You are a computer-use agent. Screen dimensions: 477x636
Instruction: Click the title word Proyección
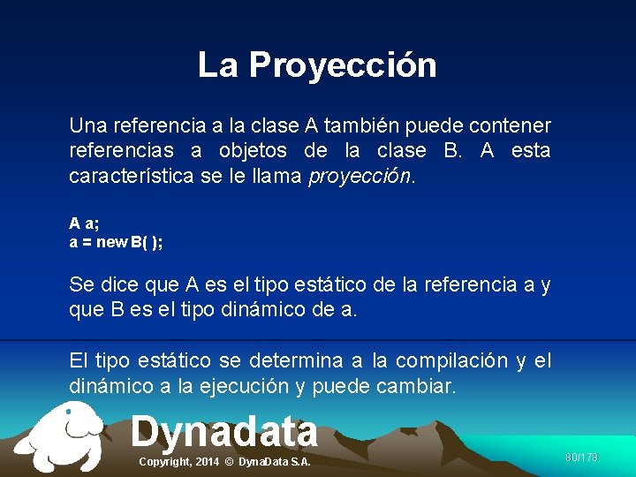click(343, 65)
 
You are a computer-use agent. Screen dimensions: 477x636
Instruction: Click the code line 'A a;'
click(84, 224)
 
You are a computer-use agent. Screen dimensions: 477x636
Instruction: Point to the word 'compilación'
click(451, 360)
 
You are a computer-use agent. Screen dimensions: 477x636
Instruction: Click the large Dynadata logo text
click(224, 432)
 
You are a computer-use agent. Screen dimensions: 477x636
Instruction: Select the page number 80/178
click(581, 458)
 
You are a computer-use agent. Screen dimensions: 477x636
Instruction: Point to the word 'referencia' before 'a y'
click(469, 284)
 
